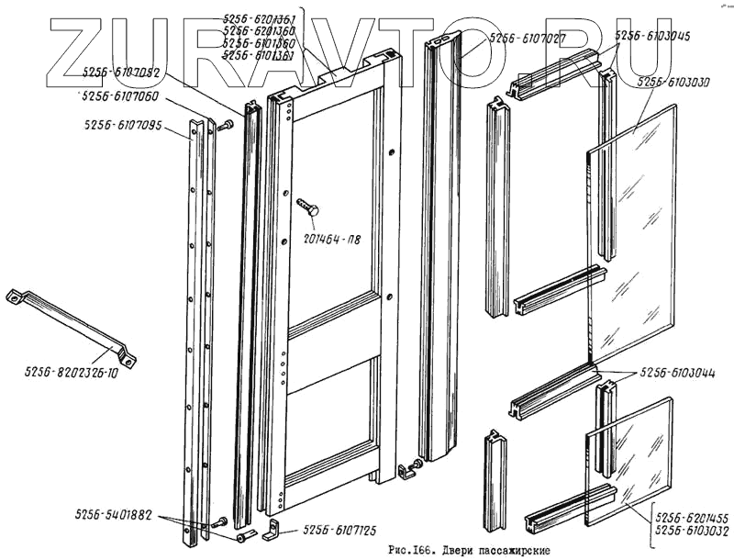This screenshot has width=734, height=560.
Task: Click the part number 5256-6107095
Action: click(122, 126)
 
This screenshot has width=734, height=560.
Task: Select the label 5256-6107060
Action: click(120, 95)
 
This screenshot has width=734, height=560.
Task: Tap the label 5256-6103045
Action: click(652, 36)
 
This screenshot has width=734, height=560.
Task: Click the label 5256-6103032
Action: click(692, 532)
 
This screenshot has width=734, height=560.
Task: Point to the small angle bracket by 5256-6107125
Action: click(273, 530)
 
